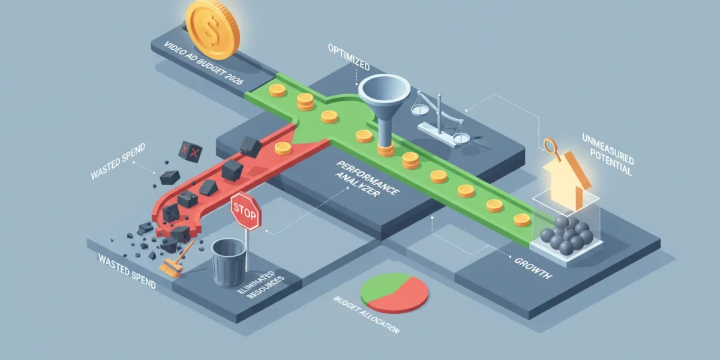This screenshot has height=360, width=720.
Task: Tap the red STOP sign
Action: (x=246, y=211)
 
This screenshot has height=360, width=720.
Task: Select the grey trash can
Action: (x=229, y=262)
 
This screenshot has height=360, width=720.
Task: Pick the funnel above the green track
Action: (x=385, y=109)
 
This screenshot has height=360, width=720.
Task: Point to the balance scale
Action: (x=440, y=121)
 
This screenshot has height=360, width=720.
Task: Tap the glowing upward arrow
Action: (x=567, y=180)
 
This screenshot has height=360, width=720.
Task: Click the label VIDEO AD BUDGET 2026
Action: (x=203, y=62)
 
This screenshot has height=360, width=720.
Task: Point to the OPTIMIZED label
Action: (x=349, y=57)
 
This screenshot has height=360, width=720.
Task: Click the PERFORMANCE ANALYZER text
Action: (x=367, y=179)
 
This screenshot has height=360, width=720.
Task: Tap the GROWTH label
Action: (x=533, y=268)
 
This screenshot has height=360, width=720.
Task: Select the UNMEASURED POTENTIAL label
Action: (x=607, y=154)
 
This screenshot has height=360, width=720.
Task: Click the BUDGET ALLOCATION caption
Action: (x=367, y=315)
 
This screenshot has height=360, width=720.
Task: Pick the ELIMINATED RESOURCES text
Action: (x=261, y=285)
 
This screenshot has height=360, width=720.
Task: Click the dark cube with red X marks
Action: (x=190, y=151)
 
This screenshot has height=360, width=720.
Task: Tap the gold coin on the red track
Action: (x=283, y=149)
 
